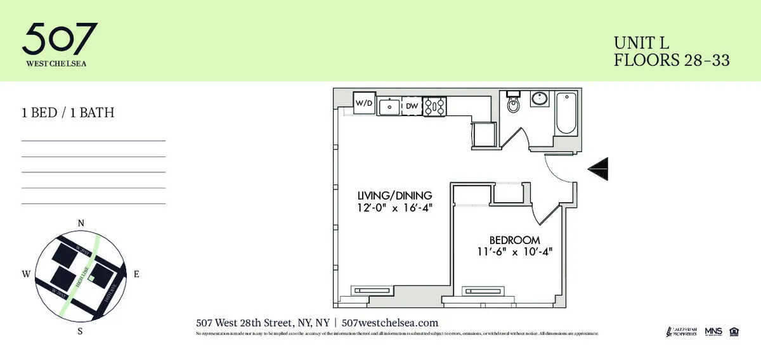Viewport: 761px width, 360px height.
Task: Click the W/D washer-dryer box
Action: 364,103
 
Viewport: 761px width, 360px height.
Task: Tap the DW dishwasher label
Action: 412,106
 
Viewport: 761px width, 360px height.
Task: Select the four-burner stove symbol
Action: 435,106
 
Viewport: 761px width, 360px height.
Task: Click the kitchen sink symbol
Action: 389,106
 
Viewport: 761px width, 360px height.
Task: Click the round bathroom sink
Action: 540,100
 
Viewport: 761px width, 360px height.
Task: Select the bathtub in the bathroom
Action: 566,113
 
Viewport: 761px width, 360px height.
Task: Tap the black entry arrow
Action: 599,168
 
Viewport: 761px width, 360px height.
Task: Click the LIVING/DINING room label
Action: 394,195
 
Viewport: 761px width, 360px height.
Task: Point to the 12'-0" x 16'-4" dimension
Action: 394,207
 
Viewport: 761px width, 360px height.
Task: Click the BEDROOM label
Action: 514,240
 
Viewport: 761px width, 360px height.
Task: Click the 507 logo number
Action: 60,39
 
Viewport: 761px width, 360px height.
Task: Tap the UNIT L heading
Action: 641,43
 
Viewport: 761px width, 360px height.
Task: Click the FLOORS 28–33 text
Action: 672,61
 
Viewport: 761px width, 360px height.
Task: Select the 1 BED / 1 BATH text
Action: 68,113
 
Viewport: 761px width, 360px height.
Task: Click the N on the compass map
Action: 81,223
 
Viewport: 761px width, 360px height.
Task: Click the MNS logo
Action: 713,331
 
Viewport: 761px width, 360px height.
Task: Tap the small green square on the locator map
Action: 91,278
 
